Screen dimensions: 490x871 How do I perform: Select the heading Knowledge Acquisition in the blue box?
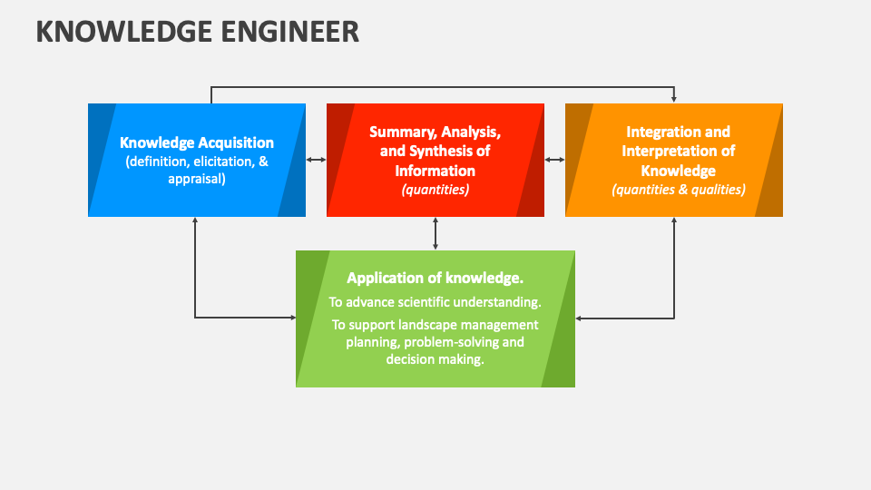(197, 142)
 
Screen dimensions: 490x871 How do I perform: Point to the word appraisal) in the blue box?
(197, 179)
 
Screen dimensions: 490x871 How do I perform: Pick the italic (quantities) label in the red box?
(435, 190)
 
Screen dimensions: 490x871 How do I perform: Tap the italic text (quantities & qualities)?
(678, 190)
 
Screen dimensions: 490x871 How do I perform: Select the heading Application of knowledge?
(435, 278)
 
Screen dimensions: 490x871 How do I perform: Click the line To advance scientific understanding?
(435, 301)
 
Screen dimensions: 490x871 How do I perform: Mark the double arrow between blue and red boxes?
(316, 160)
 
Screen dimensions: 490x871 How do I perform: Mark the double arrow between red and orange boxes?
(554, 160)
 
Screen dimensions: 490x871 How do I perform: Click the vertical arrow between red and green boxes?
(435, 233)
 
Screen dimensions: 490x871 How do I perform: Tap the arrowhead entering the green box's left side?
(292, 318)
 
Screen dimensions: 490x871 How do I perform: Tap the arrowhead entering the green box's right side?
(580, 318)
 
